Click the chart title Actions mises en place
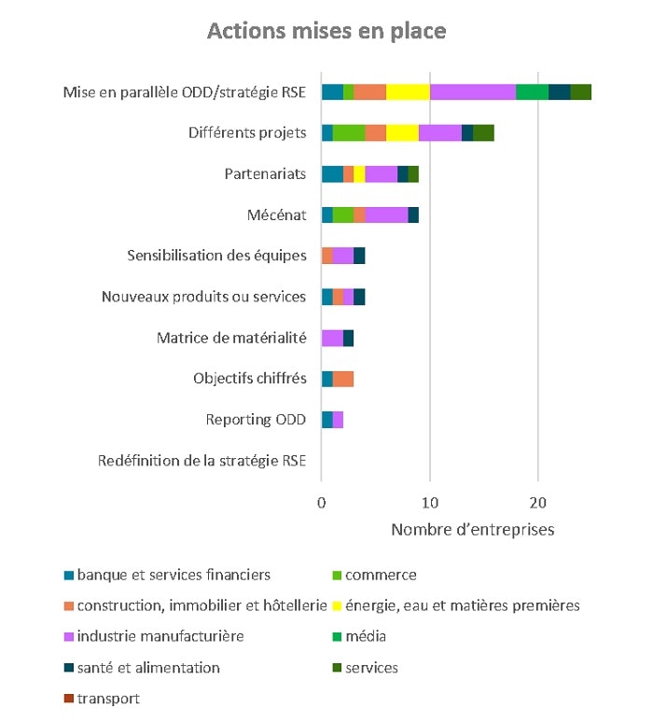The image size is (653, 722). [x=326, y=31]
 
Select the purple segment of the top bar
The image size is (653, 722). [x=472, y=91]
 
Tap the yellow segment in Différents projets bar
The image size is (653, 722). [x=402, y=132]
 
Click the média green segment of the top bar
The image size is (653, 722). [x=532, y=91]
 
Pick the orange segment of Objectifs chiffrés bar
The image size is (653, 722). [x=343, y=378]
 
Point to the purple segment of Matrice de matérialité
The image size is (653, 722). [x=332, y=338]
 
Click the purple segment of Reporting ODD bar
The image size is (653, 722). [x=338, y=419]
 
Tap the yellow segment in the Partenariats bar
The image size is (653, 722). [x=359, y=174]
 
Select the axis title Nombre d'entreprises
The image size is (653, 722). [x=472, y=530]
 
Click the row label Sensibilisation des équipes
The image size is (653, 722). [x=216, y=256]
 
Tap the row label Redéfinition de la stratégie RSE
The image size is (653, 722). [x=201, y=460]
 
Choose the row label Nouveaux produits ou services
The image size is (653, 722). [x=203, y=297]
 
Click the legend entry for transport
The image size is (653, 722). [x=108, y=698]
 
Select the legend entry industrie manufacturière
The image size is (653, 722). [x=160, y=636]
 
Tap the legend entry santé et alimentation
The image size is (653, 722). [x=148, y=667]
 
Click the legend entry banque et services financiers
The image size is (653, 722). [x=174, y=575]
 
